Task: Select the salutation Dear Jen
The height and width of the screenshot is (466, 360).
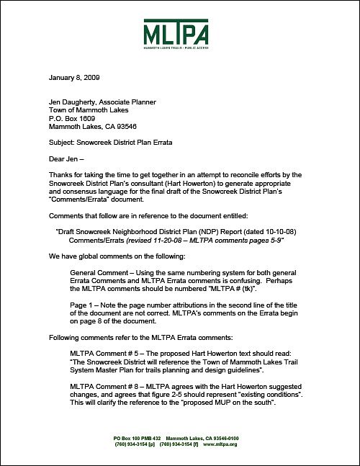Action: tap(66, 159)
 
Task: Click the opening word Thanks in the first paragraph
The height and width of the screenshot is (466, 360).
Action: tap(60, 175)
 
